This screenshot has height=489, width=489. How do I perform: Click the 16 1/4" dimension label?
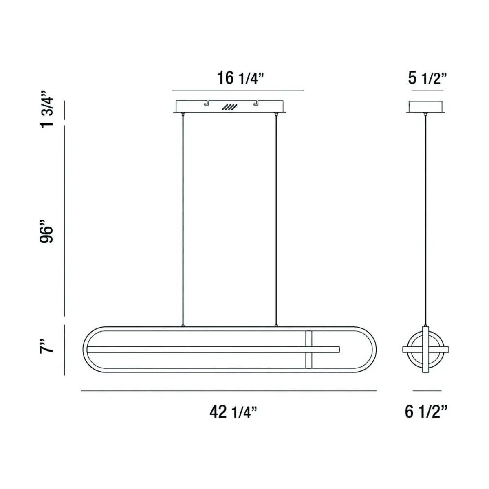click(x=238, y=77)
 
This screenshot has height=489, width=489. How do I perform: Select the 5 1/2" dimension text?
click(x=427, y=77)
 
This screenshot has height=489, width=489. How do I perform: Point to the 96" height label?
click(x=47, y=232)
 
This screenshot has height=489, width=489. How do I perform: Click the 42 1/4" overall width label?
click(x=233, y=412)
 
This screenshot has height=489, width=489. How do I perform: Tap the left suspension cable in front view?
click(x=183, y=220)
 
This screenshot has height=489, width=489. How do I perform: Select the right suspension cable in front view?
click(x=276, y=220)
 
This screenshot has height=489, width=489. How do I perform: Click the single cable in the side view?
click(x=426, y=220)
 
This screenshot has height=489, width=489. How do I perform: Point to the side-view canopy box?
click(x=426, y=106)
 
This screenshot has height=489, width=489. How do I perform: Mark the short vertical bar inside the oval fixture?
click(x=308, y=350)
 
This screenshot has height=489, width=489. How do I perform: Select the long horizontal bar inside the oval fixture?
click(x=212, y=349)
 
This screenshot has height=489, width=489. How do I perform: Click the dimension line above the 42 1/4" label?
click(x=228, y=391)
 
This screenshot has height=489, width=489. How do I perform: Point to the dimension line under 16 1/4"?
click(x=238, y=90)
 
